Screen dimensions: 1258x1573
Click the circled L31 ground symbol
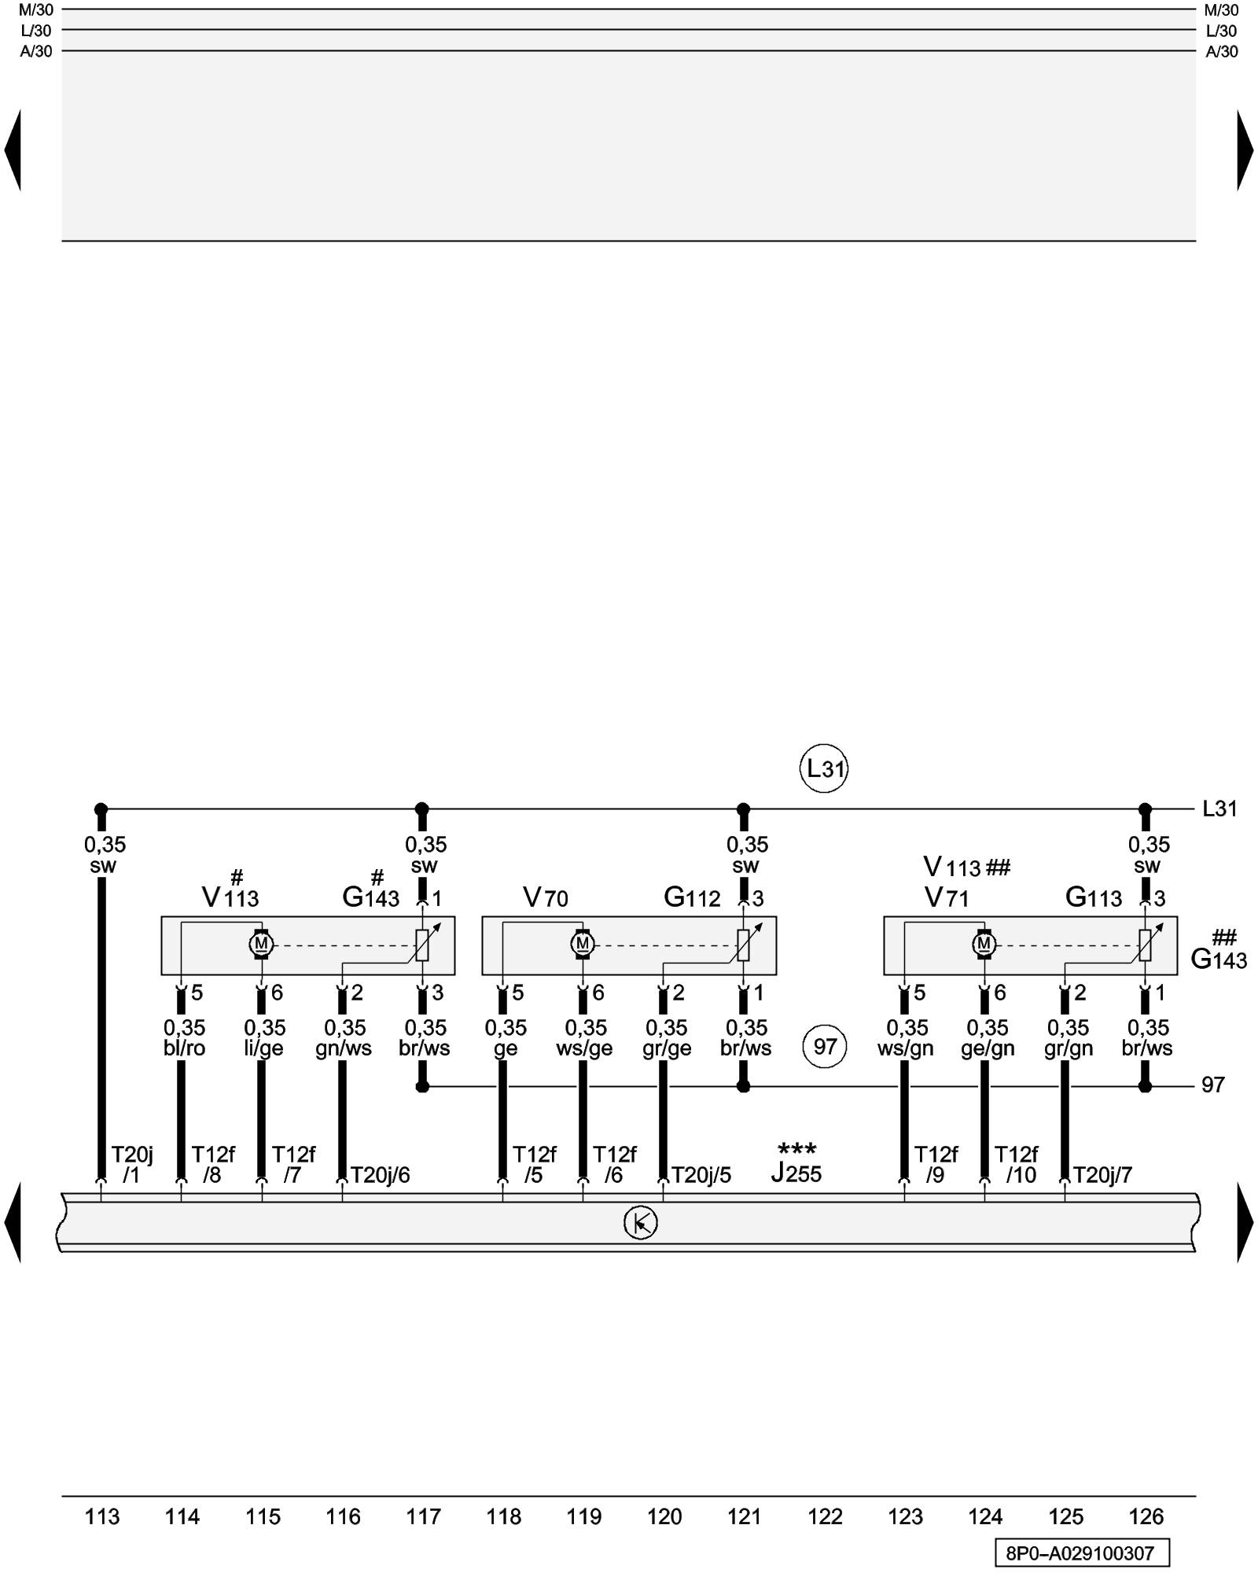[x=824, y=768]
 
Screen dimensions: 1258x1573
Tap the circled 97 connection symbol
[x=824, y=1046]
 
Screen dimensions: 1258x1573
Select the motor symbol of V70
[x=582, y=943]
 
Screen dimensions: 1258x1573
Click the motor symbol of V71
[x=984, y=943]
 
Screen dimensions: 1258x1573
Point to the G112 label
[x=692, y=897]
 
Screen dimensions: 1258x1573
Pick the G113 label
[x=1093, y=897]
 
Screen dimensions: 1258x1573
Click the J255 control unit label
[x=796, y=1173]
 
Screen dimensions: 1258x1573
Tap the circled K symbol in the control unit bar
[x=640, y=1222]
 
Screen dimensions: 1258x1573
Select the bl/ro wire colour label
[x=184, y=1048]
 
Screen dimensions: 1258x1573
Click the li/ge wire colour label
[x=264, y=1048]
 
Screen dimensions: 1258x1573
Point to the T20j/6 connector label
[x=380, y=1175]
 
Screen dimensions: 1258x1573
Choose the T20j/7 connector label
[x=1102, y=1175]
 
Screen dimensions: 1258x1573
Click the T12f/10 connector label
[x=1017, y=1165]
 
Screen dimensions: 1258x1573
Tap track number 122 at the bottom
[x=825, y=1517]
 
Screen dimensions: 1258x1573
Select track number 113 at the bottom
[x=102, y=1517]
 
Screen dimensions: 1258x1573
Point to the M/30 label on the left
[x=35, y=10]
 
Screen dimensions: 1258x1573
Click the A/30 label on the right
[x=1221, y=52]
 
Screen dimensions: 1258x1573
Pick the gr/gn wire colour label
[x=1068, y=1048]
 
